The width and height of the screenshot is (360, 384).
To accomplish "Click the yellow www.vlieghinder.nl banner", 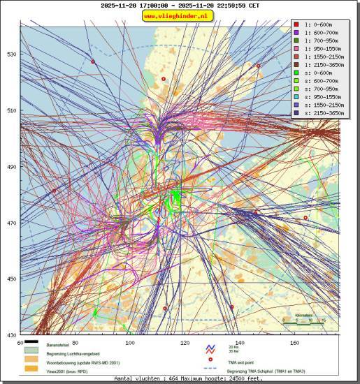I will [x=179, y=15].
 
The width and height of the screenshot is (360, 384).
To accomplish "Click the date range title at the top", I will [x=179, y=5].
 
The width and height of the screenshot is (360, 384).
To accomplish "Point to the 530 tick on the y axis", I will [x=12, y=54].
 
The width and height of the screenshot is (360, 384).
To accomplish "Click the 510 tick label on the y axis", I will [x=12, y=110].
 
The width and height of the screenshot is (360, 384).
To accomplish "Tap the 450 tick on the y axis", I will [x=12, y=279].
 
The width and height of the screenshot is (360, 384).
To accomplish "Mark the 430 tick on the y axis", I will [x=12, y=335].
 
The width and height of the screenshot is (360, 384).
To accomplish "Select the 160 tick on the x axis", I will [x=294, y=343].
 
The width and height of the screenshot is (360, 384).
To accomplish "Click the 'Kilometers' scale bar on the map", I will [x=305, y=320].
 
